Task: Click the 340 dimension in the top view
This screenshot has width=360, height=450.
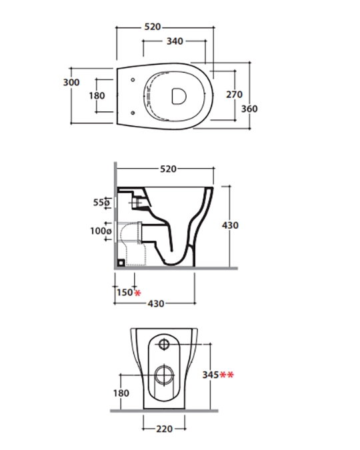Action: coord(175,41)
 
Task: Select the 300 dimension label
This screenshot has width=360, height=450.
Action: coord(71,83)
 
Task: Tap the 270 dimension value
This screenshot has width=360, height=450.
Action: coord(234,95)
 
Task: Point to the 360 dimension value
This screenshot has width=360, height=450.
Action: coord(249,109)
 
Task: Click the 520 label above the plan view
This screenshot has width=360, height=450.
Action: coord(153,27)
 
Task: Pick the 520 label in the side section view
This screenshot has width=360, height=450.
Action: coord(168,169)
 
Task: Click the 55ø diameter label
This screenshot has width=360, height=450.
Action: coord(101,202)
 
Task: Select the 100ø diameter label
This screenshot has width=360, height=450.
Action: coord(101,231)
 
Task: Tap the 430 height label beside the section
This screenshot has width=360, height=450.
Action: coord(230,225)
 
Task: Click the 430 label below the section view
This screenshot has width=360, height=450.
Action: coord(156,303)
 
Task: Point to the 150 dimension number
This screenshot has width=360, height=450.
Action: coord(125,293)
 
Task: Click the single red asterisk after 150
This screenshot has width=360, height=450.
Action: coord(138,293)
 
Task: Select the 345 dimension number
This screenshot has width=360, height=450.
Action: coord(211,375)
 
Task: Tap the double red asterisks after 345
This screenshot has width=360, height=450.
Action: coord(227,375)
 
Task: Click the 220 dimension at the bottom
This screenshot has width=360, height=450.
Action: coord(165,429)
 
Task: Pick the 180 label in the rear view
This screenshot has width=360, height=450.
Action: coord(121,393)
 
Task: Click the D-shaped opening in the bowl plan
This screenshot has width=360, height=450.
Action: coord(179,96)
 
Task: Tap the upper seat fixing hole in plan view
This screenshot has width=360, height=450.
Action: coord(133,79)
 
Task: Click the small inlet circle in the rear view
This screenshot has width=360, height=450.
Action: coord(164,344)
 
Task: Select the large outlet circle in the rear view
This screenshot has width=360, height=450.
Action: coord(165,375)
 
